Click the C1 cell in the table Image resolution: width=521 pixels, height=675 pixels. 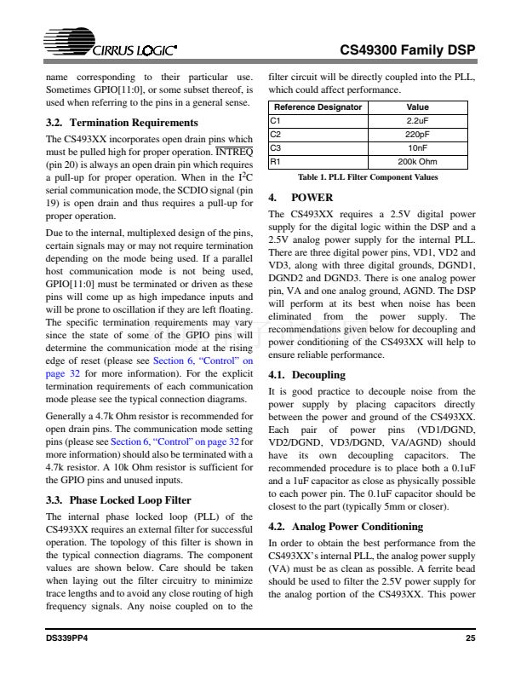click(x=275, y=121)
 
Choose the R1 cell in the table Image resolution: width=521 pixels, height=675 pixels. click(x=275, y=160)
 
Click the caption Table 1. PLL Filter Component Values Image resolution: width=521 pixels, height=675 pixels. click(x=368, y=177)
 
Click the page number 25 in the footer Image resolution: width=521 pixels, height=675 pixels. click(x=470, y=637)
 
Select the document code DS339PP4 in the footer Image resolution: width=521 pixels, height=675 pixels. click(x=67, y=637)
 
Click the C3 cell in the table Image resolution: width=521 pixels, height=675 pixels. click(x=275, y=147)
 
